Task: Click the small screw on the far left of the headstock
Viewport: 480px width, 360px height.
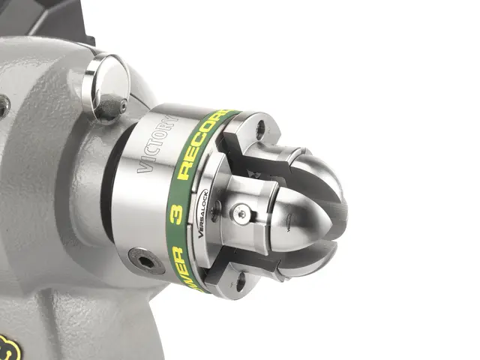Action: tap(4, 105)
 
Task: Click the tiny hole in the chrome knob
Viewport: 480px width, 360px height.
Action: tap(122, 107)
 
